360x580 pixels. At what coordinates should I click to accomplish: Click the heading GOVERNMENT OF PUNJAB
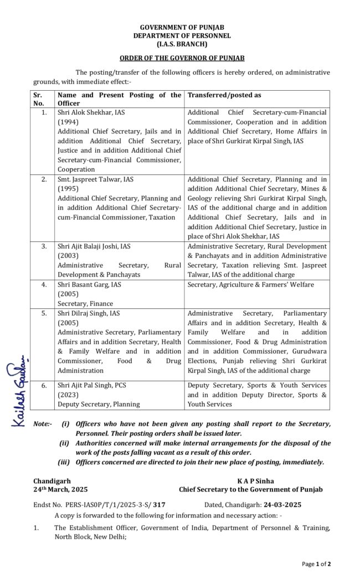182,27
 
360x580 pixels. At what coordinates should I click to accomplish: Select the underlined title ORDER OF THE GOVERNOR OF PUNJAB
182,58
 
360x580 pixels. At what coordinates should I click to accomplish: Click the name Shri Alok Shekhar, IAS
91,112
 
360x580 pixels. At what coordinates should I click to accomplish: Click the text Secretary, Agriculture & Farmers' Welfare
250,284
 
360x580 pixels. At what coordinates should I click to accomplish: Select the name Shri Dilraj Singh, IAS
89,313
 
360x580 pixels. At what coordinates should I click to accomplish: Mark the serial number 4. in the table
44,284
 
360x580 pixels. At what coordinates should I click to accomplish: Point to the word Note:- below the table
43,424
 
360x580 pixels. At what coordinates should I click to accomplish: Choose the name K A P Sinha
255,481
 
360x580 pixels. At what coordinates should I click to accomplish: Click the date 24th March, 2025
60,489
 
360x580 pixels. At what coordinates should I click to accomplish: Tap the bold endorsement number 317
160,505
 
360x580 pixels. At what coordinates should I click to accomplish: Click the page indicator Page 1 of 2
316,564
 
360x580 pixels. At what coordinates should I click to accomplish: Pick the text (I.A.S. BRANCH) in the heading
182,44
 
